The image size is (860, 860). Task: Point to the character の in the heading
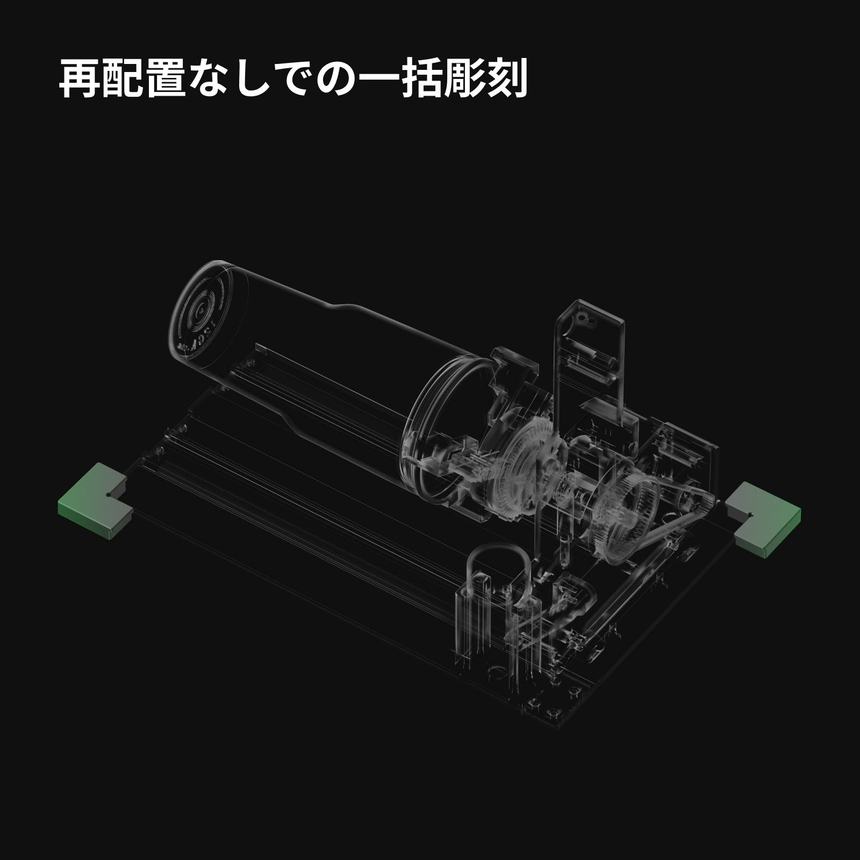[340, 79]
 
